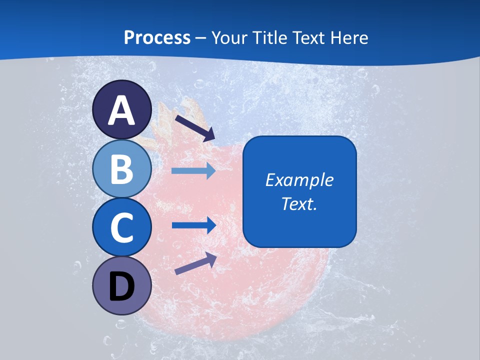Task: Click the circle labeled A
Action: coord(122,110)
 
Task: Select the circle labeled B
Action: coord(122,169)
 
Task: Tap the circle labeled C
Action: coord(122,227)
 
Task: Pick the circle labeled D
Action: coord(122,286)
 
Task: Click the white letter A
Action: coord(122,110)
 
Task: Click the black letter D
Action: coord(122,287)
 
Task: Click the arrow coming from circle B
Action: coord(193,171)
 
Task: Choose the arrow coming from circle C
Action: coord(193,225)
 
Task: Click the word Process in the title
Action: coord(157,37)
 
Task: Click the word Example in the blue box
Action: coord(299,180)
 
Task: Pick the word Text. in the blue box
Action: coord(299,203)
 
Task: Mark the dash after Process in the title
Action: coord(201,38)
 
